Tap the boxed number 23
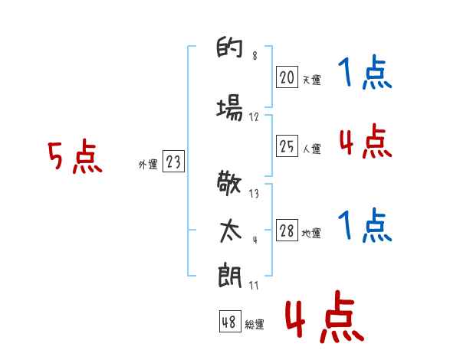pyautogui.click(x=173, y=162)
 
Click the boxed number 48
pyautogui.click(x=229, y=322)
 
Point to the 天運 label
pyautogui.click(x=311, y=80)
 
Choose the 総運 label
pyautogui.click(x=255, y=325)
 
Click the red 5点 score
pyautogui.click(x=74, y=158)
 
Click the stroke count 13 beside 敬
pyautogui.click(x=254, y=194)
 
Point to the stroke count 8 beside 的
pyautogui.click(x=254, y=55)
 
